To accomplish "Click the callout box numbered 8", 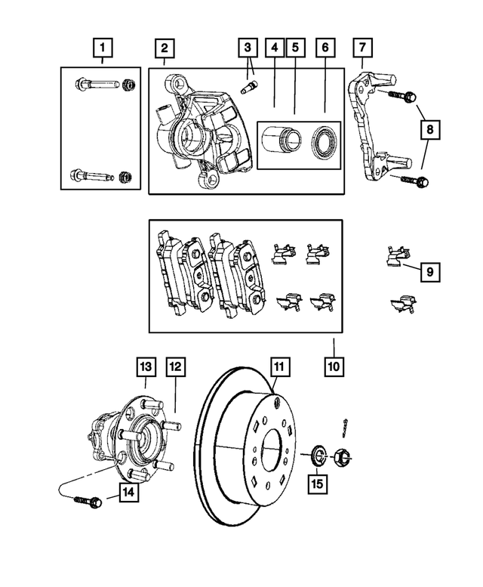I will [x=429, y=130].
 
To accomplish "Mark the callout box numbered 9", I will [x=428, y=270].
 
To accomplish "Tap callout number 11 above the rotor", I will [x=279, y=368].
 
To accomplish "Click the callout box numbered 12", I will [x=175, y=368].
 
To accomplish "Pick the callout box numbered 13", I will [x=146, y=368].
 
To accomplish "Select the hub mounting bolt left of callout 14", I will [x=82, y=500].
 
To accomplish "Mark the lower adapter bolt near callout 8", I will [x=408, y=181].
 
